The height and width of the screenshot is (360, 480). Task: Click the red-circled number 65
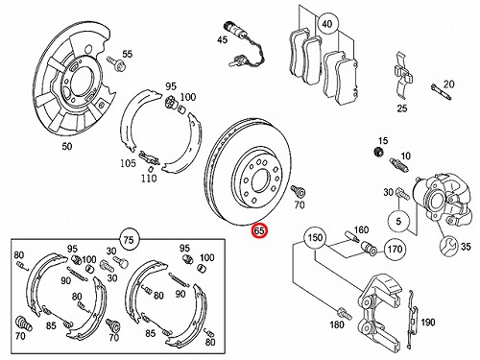pyautogui.click(x=259, y=230)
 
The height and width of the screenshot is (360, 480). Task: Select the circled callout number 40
pyautogui.click(x=326, y=24)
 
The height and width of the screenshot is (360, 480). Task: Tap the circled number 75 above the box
pyautogui.click(x=129, y=239)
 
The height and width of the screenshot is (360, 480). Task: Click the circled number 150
pyautogui.click(x=315, y=238)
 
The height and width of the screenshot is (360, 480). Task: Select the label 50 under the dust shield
pyautogui.click(x=67, y=146)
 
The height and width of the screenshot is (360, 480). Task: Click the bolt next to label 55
pyautogui.click(x=116, y=63)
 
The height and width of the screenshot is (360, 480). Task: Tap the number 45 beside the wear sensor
pyautogui.click(x=222, y=39)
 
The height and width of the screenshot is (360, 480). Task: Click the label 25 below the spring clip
pyautogui.click(x=402, y=108)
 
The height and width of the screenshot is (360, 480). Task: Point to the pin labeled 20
pyautogui.click(x=442, y=92)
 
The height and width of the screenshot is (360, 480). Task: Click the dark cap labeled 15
pyautogui.click(x=379, y=152)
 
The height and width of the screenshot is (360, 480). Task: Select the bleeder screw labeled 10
pyautogui.click(x=399, y=165)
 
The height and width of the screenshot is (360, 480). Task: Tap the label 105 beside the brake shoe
pyautogui.click(x=128, y=163)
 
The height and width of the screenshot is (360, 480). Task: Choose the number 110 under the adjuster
pyautogui.click(x=149, y=178)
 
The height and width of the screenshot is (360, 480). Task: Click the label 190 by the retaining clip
pyautogui.click(x=427, y=322)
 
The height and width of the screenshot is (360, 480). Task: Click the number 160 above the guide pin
pyautogui.click(x=361, y=229)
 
